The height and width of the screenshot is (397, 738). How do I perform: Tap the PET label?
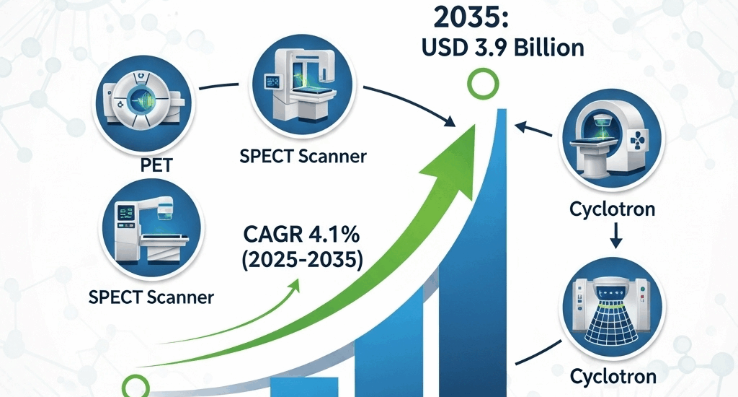tap(156, 165)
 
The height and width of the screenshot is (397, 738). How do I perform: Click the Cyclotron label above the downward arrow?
tap(612, 210)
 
